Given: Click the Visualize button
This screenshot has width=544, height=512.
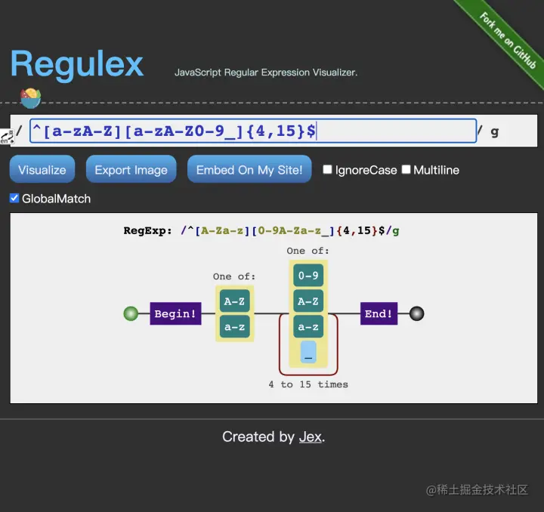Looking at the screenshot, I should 42,170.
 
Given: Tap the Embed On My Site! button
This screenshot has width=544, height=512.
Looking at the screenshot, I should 249,170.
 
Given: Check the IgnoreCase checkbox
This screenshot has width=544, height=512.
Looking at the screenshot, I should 328,170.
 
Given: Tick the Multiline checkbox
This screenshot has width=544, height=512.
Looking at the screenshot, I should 406,170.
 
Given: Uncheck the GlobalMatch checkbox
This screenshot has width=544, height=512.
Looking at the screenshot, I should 14,199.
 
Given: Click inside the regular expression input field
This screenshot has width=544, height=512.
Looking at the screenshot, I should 253,131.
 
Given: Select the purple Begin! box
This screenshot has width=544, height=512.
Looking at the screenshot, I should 175,313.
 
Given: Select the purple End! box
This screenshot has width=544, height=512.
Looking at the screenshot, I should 379,313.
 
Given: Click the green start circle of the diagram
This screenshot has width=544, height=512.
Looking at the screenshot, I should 131,313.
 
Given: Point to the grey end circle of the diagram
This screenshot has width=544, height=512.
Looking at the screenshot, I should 416,313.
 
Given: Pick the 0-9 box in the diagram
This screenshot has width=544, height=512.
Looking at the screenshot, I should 308,276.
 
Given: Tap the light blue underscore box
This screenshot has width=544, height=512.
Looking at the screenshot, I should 308,353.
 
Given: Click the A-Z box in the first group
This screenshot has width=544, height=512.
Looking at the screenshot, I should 233,301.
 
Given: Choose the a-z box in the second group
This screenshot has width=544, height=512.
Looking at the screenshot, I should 308,327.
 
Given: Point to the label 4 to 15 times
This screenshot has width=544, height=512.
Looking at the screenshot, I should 308,384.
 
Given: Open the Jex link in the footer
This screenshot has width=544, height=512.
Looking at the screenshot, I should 311,437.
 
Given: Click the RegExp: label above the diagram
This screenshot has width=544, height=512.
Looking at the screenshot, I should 148,231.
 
